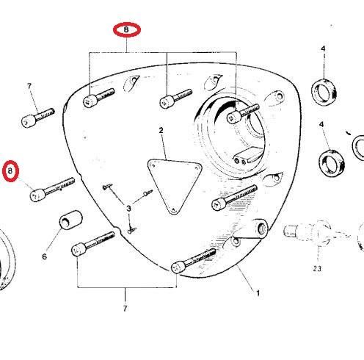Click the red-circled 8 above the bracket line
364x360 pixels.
pos(126,29)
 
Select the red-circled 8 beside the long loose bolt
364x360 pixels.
pos(10,171)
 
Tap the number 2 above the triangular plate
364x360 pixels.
pos(161,130)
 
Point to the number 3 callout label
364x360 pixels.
pos(128,209)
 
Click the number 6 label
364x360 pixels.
pos(44,256)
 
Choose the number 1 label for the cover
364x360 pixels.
pos(258,293)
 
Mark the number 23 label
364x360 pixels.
pos(317,269)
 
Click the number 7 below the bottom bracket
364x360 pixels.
pos(125,309)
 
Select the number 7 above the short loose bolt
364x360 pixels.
pos(29,86)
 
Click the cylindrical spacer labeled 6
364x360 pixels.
pos(70,220)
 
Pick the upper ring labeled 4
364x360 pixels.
pos(324,92)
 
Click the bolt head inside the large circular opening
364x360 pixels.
pos(233,118)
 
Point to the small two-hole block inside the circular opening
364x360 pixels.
pos(247,156)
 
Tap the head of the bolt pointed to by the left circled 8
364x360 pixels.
pos(37,195)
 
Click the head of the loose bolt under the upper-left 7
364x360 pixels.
pos(29,120)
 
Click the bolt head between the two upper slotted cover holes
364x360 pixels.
pos(167,102)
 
